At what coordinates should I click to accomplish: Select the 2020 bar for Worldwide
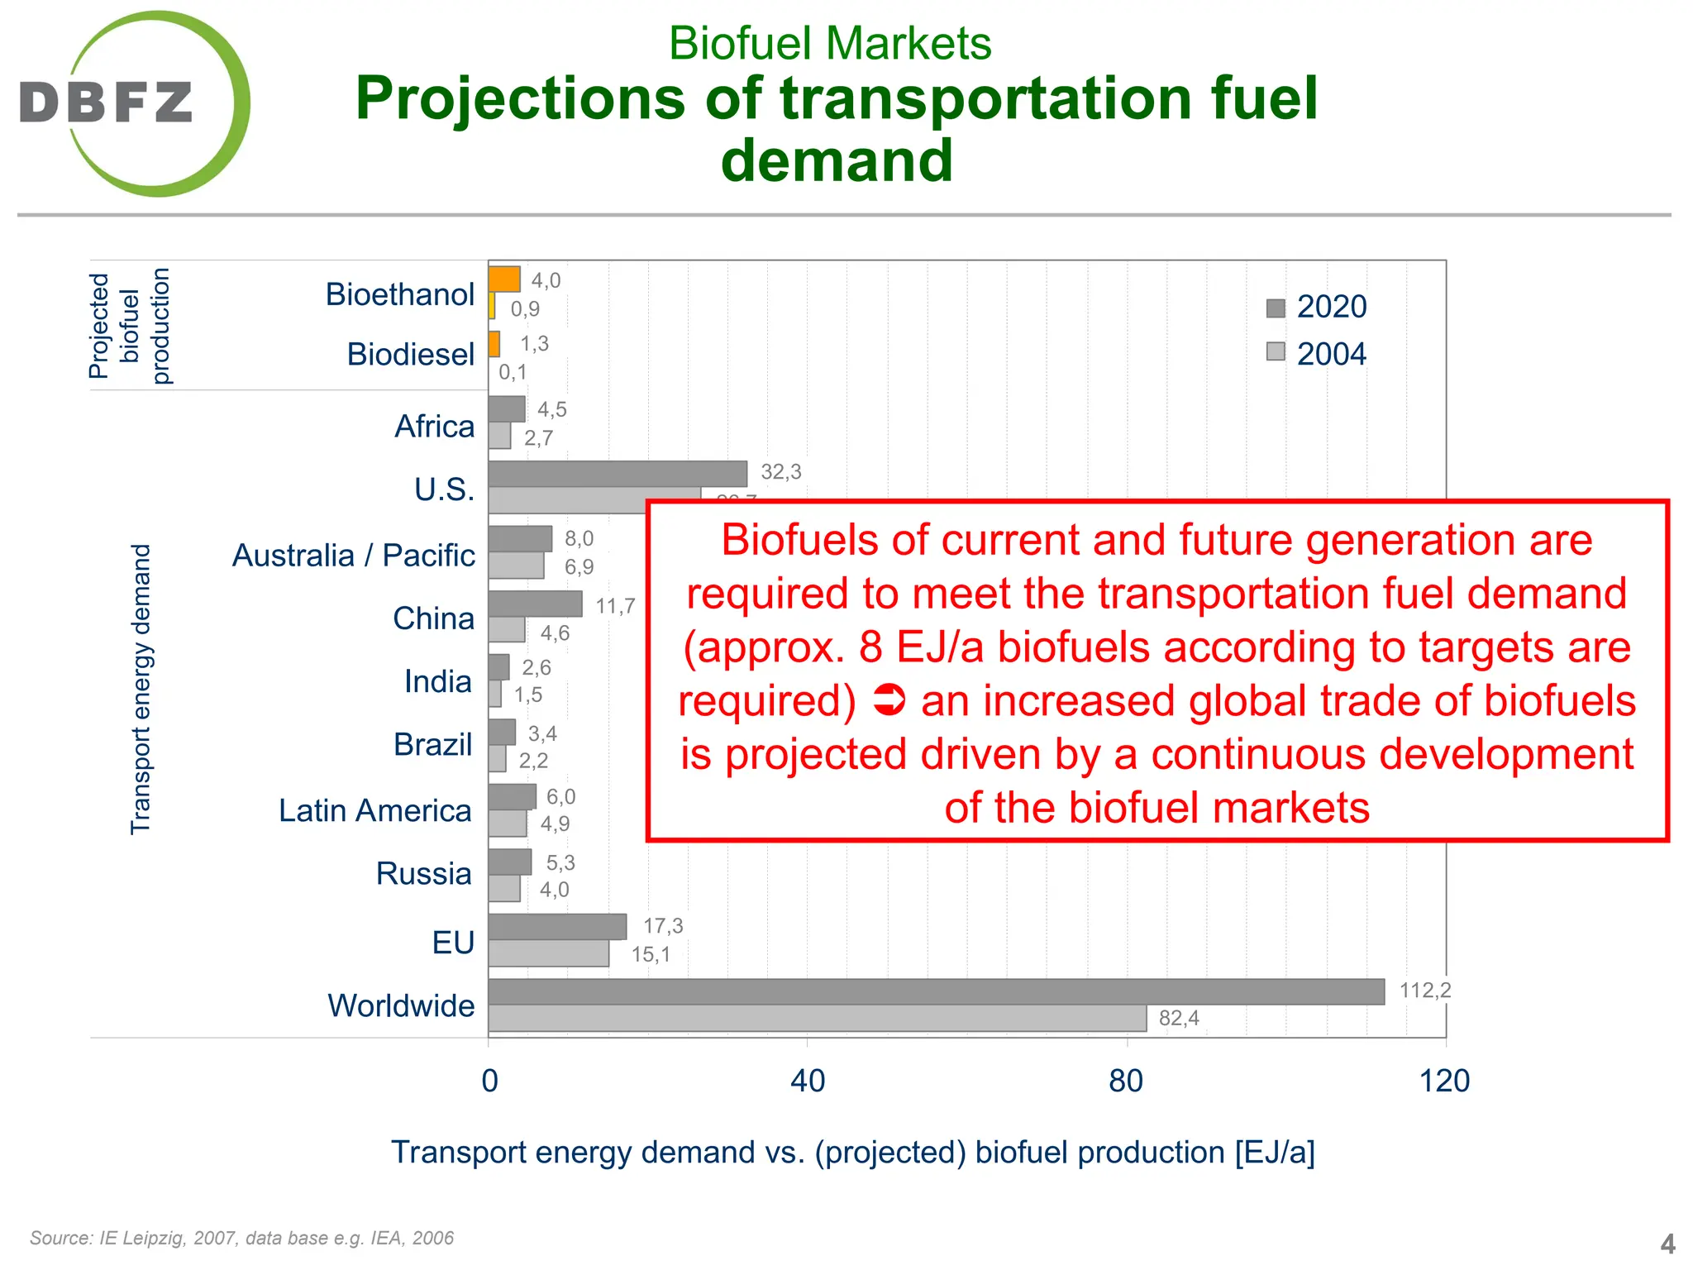click(936, 991)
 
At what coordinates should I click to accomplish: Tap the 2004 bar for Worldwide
click(817, 1018)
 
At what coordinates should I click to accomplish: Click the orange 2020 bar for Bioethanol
click(503, 279)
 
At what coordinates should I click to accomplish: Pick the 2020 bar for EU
click(556, 926)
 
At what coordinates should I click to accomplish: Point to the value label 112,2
click(1424, 990)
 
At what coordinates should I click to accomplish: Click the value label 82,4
click(1178, 1018)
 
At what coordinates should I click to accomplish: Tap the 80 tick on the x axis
click(1126, 1081)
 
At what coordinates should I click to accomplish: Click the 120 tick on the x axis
click(1444, 1081)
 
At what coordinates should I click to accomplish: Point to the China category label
click(433, 618)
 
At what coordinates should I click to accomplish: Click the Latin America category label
click(374, 810)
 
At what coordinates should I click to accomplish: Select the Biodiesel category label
click(410, 354)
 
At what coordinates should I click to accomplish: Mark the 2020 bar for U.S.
click(617, 474)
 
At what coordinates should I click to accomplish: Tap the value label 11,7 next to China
click(615, 606)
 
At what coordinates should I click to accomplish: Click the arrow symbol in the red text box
click(889, 700)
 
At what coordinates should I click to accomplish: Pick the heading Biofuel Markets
click(829, 43)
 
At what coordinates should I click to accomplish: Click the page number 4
click(1667, 1244)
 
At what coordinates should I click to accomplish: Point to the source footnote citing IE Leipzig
click(241, 1238)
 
